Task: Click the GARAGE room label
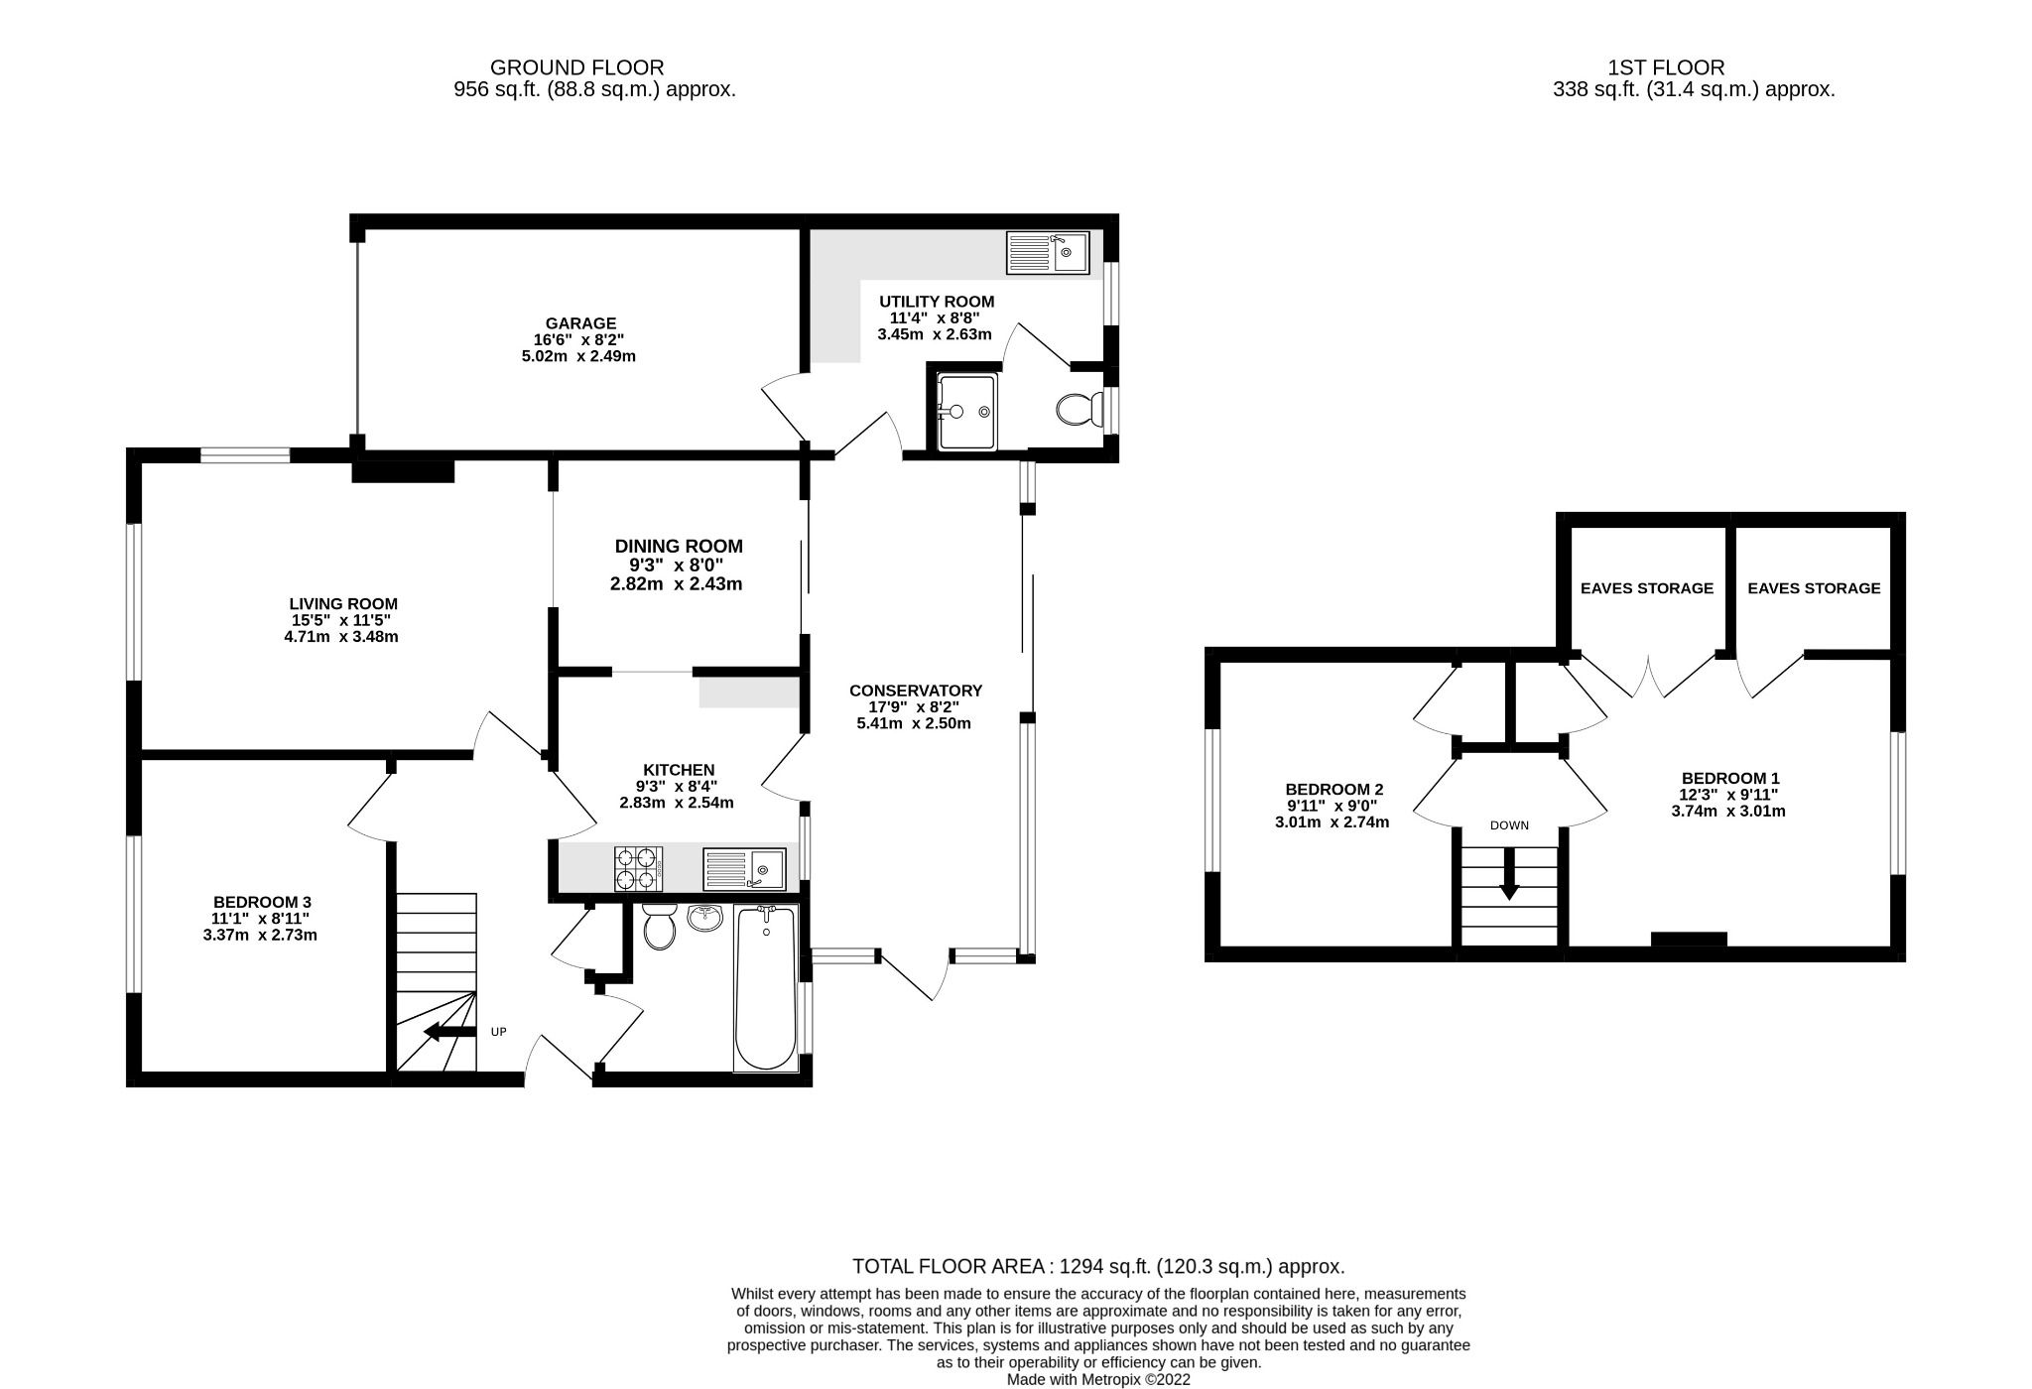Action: click(580, 323)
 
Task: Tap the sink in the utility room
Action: click(1047, 253)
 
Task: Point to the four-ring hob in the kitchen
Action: click(639, 868)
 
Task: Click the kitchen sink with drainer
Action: click(744, 869)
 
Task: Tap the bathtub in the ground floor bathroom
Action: click(765, 987)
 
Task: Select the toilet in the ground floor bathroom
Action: click(659, 926)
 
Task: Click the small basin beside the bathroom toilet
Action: click(705, 918)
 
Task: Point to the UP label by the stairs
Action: click(499, 1032)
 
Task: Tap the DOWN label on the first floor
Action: click(1509, 825)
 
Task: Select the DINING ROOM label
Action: click(679, 547)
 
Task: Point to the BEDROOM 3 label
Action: click(262, 902)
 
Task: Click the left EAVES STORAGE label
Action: click(1646, 588)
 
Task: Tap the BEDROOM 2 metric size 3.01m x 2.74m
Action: click(1332, 822)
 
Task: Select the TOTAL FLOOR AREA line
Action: click(1098, 1267)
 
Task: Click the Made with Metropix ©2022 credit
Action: click(1098, 1379)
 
